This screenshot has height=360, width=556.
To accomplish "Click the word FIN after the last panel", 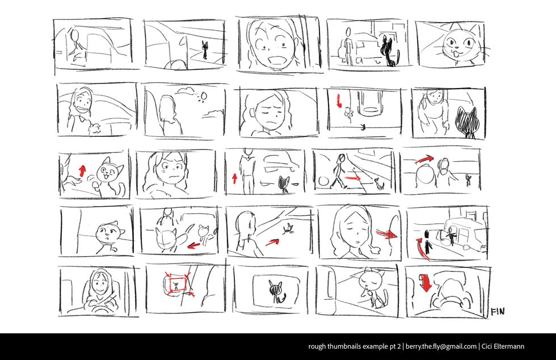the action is [498, 312].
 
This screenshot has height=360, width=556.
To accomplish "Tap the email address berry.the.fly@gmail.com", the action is [441, 346].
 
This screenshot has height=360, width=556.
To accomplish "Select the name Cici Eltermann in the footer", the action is [503, 346].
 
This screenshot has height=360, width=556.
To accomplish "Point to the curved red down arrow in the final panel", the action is [425, 283].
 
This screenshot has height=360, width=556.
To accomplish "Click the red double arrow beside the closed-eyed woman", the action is [386, 233].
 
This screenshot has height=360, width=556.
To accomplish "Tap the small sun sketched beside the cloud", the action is [203, 96].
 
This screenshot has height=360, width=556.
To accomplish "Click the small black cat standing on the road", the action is [205, 50].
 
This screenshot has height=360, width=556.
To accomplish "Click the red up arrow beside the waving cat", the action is [82, 171].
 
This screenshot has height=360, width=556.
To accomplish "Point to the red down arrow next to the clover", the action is [339, 101].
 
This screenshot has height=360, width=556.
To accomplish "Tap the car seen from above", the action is [370, 102].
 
